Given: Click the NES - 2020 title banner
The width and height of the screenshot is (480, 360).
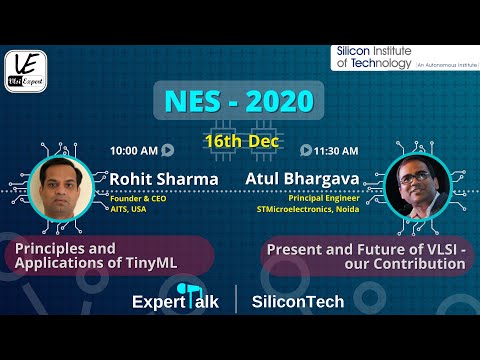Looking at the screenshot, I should point(239,100).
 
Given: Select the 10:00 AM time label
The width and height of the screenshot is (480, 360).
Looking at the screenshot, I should point(133,151).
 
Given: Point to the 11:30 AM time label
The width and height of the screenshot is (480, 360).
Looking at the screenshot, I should point(337,151).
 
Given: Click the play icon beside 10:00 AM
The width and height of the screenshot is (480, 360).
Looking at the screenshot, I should point(167,151).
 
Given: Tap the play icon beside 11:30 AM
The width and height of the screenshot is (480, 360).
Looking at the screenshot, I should point(305,151).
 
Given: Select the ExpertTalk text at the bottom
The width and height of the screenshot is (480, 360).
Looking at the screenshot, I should point(176,301).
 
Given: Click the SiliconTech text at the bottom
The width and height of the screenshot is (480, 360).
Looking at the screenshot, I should point(298,301).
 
